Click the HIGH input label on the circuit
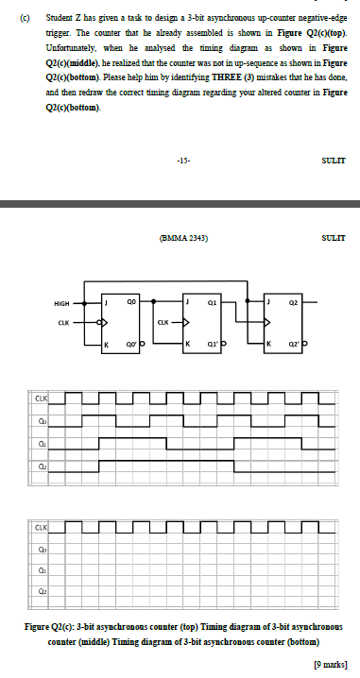pos(61,304)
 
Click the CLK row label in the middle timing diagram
pos(43,398)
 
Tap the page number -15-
pos(180,160)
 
